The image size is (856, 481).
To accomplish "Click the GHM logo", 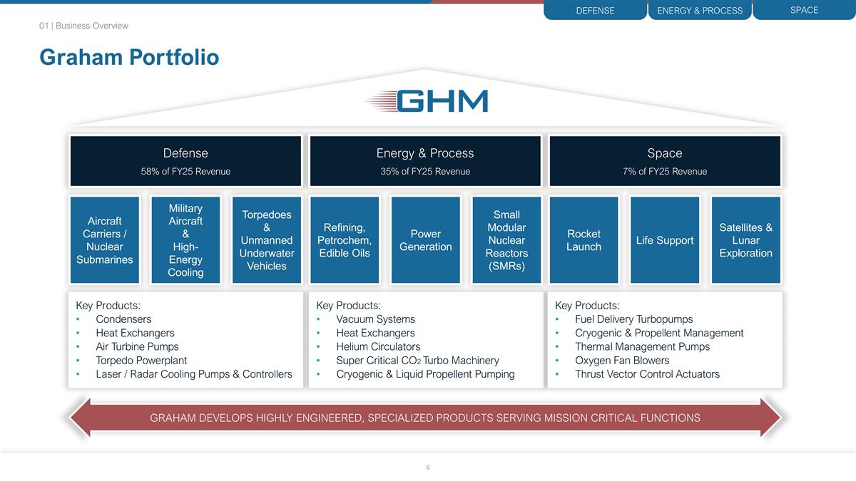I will (x=427, y=101).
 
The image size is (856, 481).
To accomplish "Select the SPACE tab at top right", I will (x=804, y=10).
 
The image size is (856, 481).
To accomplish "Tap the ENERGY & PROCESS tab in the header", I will (x=699, y=11).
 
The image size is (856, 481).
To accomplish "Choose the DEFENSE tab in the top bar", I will (x=595, y=11).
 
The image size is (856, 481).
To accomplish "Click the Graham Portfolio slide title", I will (x=129, y=57).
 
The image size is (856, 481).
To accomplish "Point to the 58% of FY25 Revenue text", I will (x=185, y=171).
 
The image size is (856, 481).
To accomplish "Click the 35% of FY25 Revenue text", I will (x=425, y=171).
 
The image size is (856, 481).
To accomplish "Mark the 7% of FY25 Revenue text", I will (x=665, y=171).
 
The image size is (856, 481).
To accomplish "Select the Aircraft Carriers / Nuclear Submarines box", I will (x=104, y=240).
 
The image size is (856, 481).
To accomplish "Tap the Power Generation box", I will (x=426, y=240).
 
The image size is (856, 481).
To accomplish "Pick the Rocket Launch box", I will (x=584, y=240).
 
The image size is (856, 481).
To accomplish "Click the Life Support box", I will (x=665, y=240).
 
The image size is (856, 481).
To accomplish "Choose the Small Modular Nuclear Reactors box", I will (x=506, y=240).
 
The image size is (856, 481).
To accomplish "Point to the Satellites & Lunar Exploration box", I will (x=745, y=240).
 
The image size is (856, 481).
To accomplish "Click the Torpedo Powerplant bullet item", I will (x=141, y=361).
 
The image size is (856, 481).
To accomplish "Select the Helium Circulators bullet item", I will (x=378, y=347).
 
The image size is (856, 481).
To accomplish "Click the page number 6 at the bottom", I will (x=428, y=467).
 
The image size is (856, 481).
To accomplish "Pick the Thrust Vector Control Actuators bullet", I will (x=647, y=374).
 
